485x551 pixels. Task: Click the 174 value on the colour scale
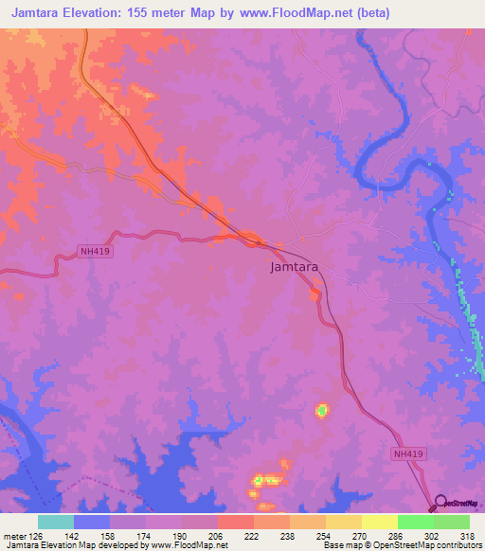pos(146,535)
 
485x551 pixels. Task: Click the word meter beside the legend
pos(14,535)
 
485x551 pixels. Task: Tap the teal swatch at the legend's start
pos(55,522)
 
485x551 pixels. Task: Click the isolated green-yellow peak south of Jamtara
pos(322,410)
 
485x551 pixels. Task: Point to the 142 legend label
pos(74,535)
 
